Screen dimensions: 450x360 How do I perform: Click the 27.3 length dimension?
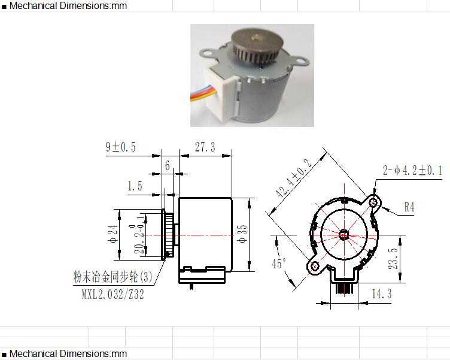click(x=205, y=147)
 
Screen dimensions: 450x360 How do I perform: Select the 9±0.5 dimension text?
click(x=121, y=147)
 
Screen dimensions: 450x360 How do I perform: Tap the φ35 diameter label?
click(x=242, y=234)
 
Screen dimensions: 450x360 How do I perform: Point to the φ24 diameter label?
click(x=113, y=234)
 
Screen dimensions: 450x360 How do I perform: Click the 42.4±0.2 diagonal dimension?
click(x=294, y=178)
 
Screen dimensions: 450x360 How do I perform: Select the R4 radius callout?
click(x=409, y=207)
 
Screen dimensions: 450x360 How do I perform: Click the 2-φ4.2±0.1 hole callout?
click(x=412, y=170)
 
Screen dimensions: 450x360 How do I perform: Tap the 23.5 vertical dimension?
click(x=393, y=259)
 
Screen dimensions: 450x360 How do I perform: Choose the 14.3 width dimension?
click(x=382, y=294)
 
